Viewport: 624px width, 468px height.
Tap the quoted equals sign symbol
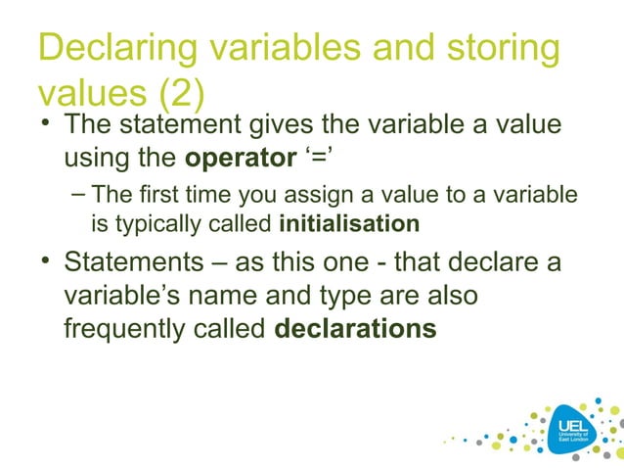point(306,158)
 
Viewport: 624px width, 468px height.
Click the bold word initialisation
point(349,224)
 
